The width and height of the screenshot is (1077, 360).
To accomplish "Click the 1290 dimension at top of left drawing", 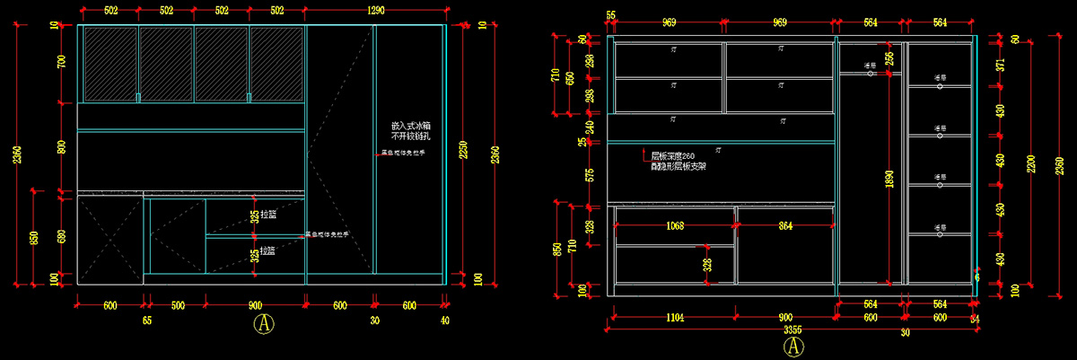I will (376, 11).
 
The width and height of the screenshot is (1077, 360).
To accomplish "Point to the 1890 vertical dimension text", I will (889, 179).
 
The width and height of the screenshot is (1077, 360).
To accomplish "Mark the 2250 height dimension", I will (464, 148).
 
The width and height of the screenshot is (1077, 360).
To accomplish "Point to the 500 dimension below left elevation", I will (178, 306).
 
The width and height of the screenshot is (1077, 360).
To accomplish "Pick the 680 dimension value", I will (62, 236).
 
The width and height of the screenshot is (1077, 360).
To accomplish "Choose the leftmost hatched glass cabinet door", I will (109, 63).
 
